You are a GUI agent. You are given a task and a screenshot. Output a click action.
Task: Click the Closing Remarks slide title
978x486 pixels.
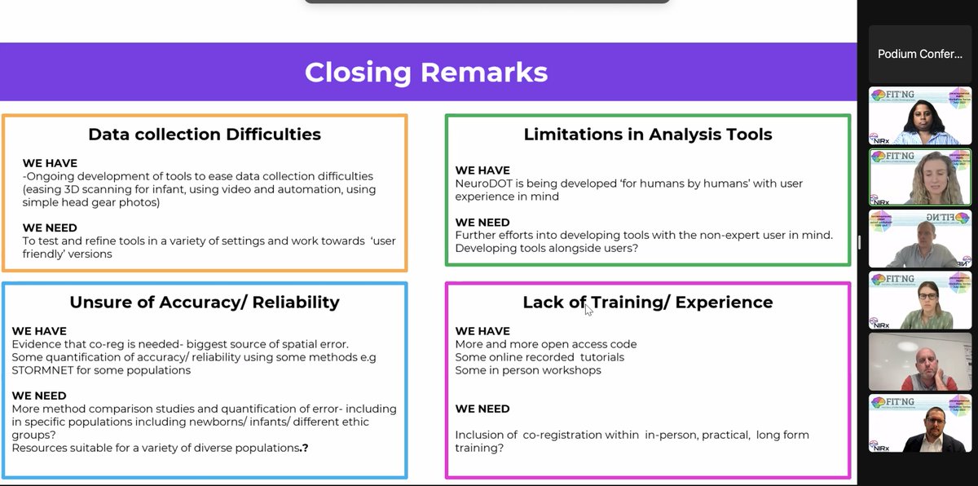[x=425, y=73]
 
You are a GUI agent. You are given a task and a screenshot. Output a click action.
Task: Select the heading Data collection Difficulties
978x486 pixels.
[x=204, y=135]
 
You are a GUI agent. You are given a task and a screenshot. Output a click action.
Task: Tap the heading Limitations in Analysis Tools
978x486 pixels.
[x=648, y=135]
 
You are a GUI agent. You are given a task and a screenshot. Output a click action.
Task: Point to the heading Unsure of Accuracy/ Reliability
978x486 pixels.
[x=204, y=303]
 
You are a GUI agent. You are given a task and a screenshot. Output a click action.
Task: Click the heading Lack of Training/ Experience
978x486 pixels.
[x=648, y=303]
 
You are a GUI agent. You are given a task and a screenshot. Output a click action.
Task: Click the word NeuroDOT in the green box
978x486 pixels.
[x=482, y=183]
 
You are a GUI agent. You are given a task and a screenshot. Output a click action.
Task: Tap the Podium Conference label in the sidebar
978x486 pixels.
[x=919, y=54]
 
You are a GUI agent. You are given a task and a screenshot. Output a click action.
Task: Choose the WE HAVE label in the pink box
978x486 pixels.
[x=482, y=331]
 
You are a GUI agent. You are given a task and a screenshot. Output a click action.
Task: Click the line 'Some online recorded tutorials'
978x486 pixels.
[x=540, y=357]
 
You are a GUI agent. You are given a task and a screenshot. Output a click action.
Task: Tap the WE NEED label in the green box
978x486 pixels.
[x=482, y=222]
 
